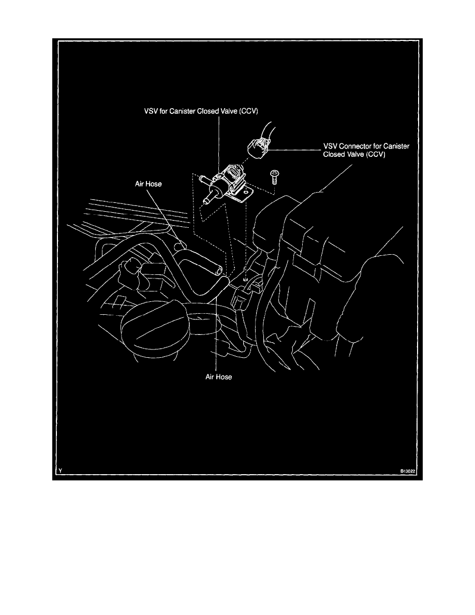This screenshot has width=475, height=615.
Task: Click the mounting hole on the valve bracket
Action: pyautogui.click(x=245, y=191)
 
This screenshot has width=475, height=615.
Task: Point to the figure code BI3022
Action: pyautogui.click(x=407, y=471)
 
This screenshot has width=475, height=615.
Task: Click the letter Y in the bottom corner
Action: pyautogui.click(x=61, y=471)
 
